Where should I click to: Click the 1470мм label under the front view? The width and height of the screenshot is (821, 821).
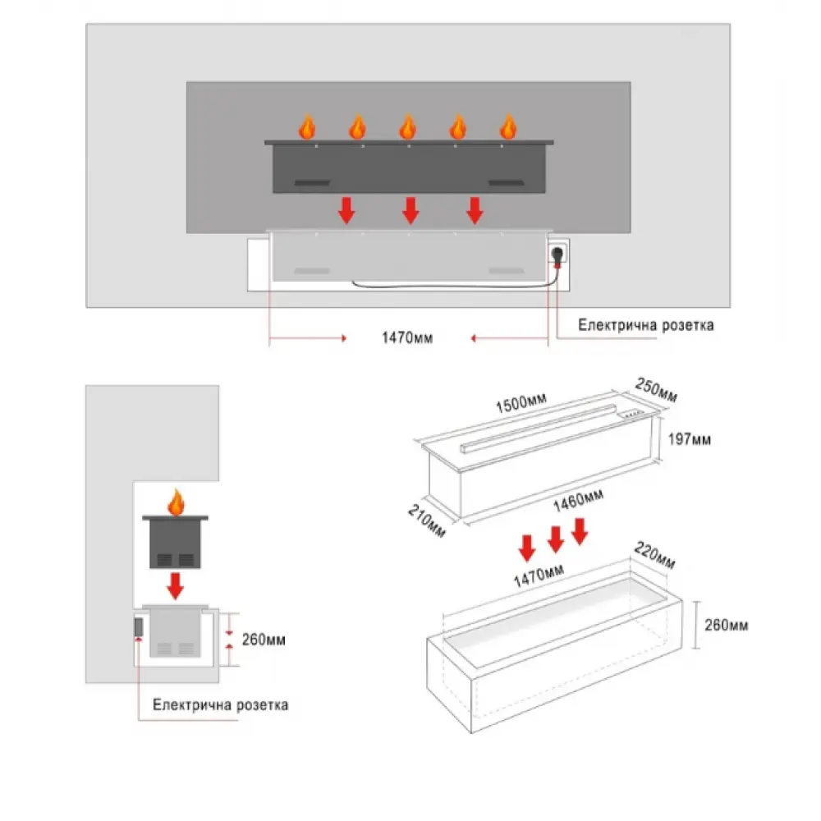[x=407, y=337]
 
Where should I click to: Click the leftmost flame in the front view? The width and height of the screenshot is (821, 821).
[x=307, y=127]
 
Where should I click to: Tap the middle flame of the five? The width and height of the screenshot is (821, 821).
[x=408, y=127]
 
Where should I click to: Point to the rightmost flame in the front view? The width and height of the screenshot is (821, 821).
[x=509, y=127]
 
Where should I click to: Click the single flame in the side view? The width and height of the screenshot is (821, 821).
[x=174, y=500]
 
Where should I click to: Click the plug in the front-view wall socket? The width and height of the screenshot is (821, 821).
[x=559, y=256]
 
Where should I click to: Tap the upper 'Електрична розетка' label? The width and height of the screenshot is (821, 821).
[x=645, y=325]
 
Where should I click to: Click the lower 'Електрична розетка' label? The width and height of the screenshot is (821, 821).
[x=221, y=704]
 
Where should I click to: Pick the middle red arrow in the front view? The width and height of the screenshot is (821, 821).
[x=410, y=210]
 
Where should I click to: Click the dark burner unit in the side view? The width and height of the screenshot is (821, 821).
[x=174, y=542]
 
